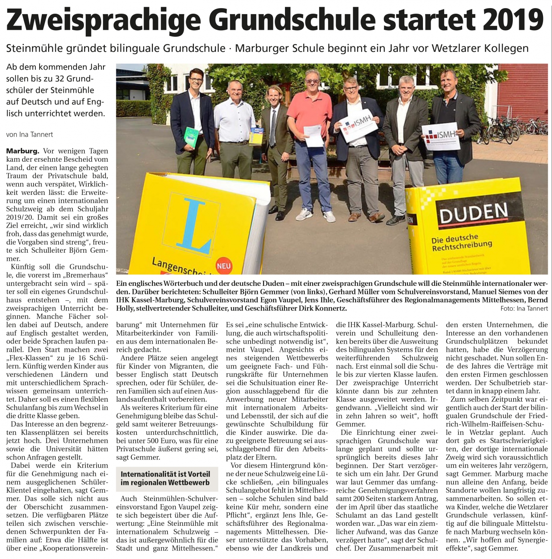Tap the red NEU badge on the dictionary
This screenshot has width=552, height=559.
(x=223, y=266)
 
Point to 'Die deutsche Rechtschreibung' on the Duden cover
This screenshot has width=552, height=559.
(x=461, y=243)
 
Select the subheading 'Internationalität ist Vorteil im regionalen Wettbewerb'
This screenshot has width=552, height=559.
(x=165, y=478)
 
